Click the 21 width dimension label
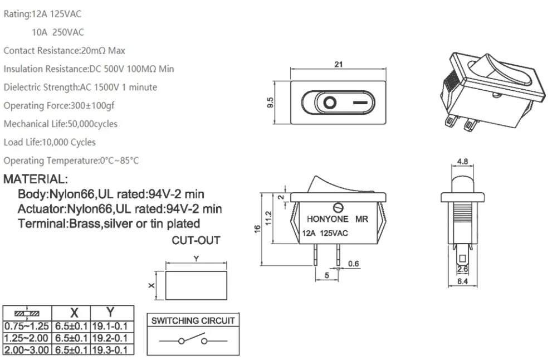tap(339, 64)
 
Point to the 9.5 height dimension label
tap(270, 103)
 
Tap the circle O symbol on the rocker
tap(330, 103)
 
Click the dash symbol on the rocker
tap(360, 103)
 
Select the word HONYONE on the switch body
tap(328, 219)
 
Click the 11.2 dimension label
tap(268, 218)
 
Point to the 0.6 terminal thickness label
tap(354, 264)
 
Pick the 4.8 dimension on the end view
tap(462, 162)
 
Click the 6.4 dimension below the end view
tap(462, 281)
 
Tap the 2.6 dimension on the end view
tap(462, 269)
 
